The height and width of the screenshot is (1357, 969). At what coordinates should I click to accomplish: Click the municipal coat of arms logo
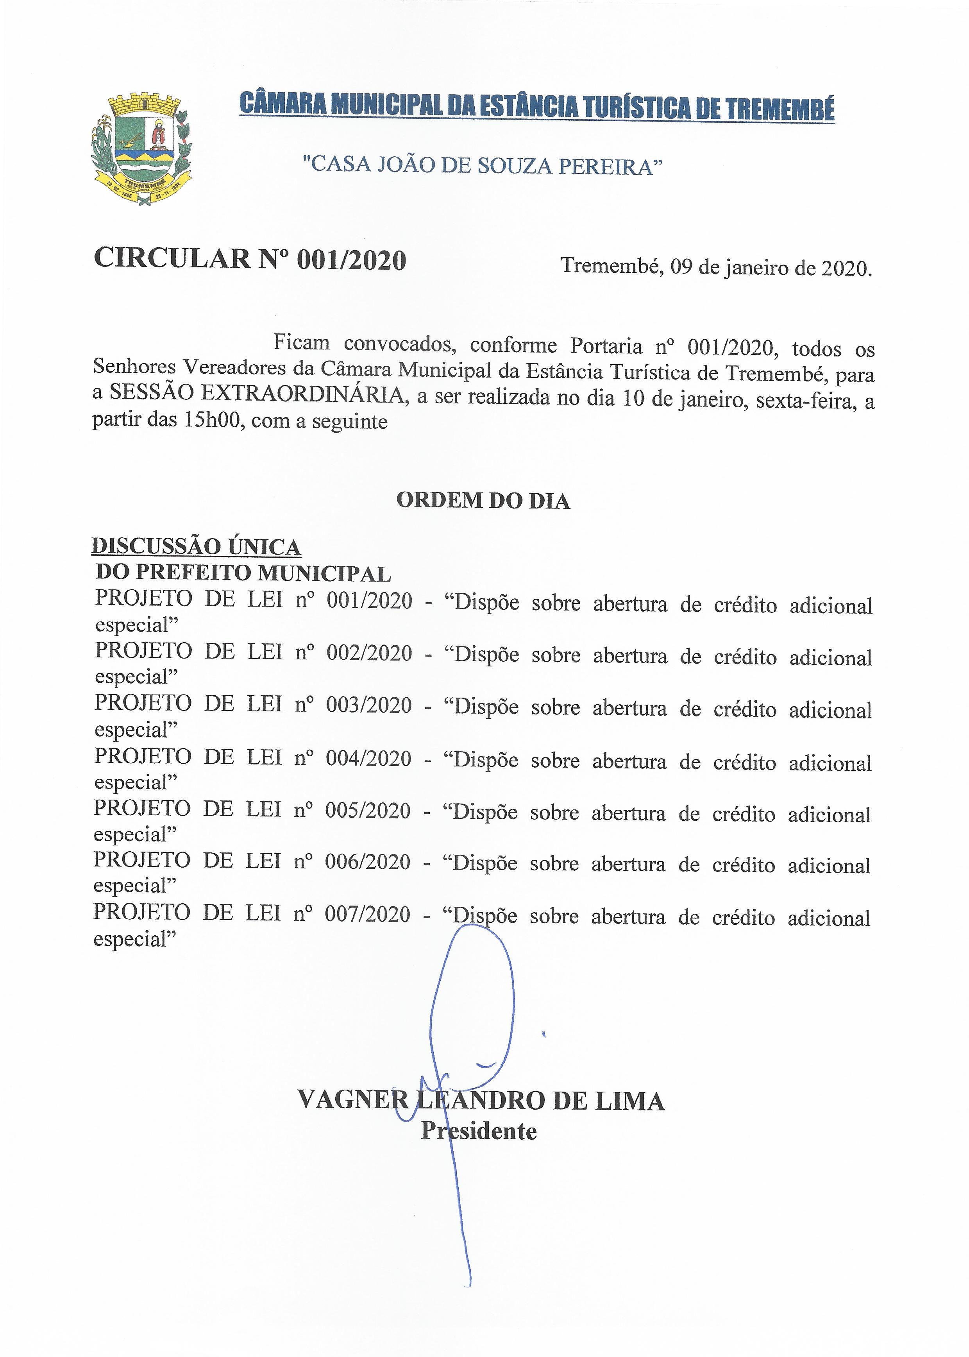(x=141, y=150)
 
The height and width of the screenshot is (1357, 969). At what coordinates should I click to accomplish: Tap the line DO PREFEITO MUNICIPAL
(x=243, y=573)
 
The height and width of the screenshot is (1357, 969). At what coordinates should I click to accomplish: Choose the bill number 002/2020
(x=369, y=653)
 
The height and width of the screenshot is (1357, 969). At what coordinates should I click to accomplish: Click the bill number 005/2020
(x=368, y=810)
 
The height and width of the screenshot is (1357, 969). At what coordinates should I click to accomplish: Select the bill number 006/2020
(x=368, y=862)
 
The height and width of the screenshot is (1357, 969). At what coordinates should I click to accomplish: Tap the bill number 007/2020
(x=368, y=914)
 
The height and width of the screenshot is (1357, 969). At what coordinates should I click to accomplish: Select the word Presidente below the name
(x=479, y=1131)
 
